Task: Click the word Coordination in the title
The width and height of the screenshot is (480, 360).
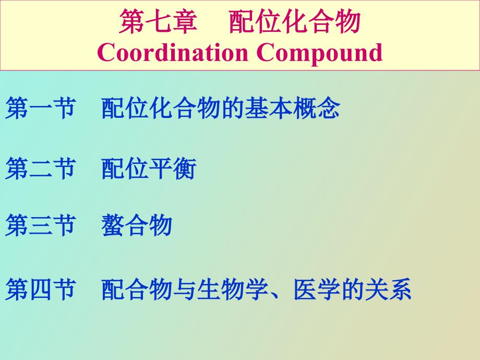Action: tap(172, 52)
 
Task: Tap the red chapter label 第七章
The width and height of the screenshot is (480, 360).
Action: tap(158, 21)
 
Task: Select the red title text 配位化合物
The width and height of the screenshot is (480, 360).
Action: tap(294, 21)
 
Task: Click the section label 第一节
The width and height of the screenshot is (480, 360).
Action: tap(40, 108)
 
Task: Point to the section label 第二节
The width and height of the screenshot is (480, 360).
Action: tap(40, 169)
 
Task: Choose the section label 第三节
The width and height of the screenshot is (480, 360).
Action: tap(40, 225)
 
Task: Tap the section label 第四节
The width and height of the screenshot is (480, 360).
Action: tap(40, 289)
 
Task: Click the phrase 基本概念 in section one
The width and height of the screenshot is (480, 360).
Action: tap(292, 108)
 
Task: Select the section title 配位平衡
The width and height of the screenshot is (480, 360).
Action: tap(149, 169)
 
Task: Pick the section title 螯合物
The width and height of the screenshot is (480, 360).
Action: tap(137, 225)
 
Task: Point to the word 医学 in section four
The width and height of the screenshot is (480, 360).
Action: tap(317, 289)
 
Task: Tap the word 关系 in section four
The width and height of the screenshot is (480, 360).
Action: tap(388, 289)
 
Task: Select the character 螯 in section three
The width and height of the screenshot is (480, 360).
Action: tap(113, 225)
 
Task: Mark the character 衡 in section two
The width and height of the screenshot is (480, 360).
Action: tap(185, 169)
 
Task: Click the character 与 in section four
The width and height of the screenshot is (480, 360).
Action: tap(185, 289)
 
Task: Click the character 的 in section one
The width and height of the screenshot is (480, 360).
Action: tap(233, 108)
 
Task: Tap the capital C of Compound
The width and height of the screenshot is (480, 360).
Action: tap(266, 52)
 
